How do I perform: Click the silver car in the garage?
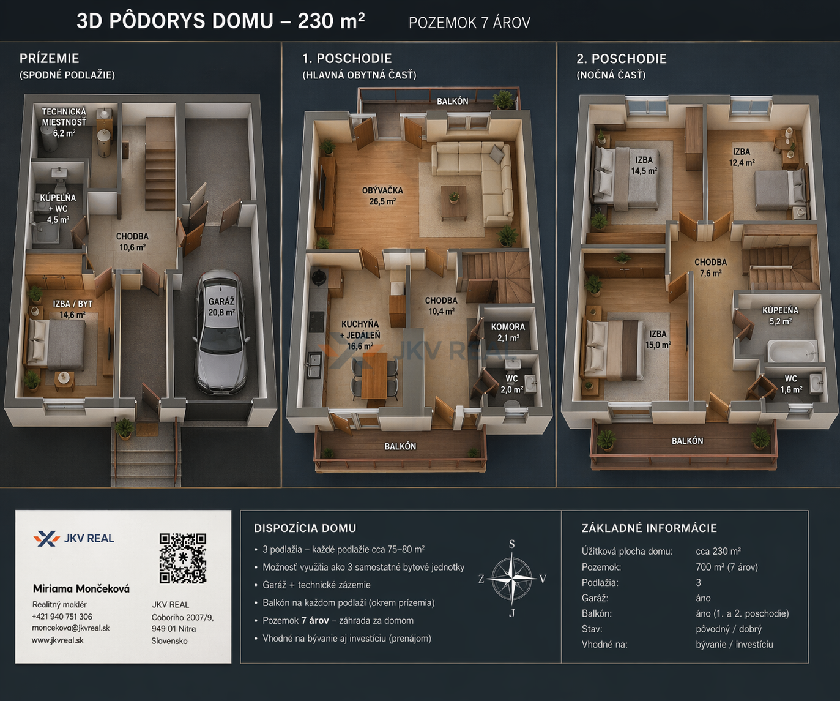click(x=221, y=332)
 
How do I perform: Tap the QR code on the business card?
click(x=183, y=558)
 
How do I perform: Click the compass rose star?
click(x=511, y=579)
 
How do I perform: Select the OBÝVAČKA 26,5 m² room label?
click(x=382, y=196)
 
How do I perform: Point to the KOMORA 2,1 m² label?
click(x=508, y=332)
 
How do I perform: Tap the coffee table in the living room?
click(x=454, y=203)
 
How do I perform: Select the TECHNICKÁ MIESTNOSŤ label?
click(x=64, y=117)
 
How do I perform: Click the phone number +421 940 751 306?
click(x=62, y=617)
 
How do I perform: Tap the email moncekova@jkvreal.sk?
click(x=71, y=628)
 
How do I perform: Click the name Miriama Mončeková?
click(x=81, y=589)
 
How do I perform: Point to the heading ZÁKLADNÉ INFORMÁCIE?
click(x=649, y=528)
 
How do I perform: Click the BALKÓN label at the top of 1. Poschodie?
click(x=453, y=101)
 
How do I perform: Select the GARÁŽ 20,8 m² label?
click(x=221, y=307)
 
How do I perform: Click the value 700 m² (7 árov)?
click(x=727, y=567)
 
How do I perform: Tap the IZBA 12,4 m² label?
click(x=742, y=157)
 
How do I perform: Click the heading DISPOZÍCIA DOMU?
click(x=305, y=528)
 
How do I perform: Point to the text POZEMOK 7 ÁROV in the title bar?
click(x=469, y=23)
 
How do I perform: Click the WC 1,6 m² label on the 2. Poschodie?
click(x=791, y=384)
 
